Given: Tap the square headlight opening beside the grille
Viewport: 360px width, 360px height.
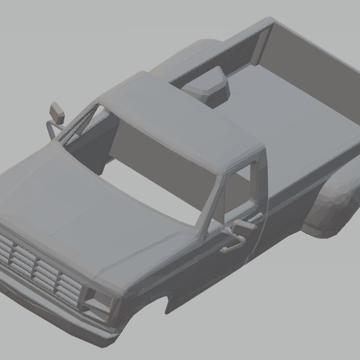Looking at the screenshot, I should point(95,300).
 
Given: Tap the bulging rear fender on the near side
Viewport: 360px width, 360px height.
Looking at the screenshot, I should point(331,206).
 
